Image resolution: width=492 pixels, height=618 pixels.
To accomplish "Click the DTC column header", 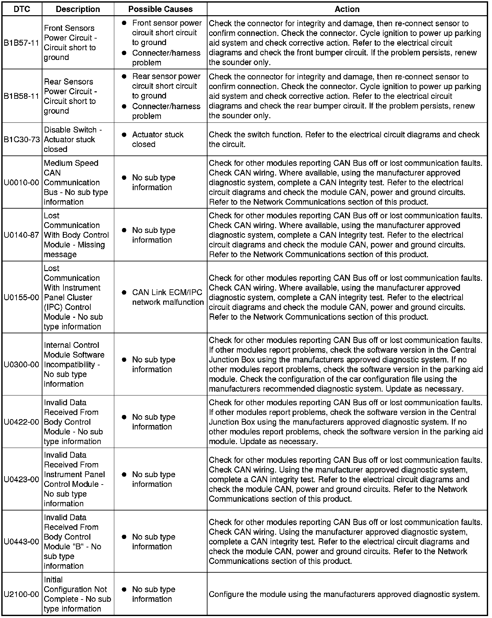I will point(22,9).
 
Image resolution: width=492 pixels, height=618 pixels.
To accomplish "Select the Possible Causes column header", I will point(160,9).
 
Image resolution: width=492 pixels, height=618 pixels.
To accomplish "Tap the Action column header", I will point(347,9).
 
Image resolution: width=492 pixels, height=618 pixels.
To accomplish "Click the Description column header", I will point(78,9).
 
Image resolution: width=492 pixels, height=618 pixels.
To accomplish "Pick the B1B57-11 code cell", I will point(22,43).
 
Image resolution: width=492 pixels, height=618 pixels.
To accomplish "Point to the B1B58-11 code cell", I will point(22,96).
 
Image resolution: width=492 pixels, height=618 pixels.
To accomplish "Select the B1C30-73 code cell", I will point(22,140).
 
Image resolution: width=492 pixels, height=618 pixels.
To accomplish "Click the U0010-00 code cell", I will point(22,182).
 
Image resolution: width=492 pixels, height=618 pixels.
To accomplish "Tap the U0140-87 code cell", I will point(22,235).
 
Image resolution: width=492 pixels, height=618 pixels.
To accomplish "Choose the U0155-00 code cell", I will point(22,297).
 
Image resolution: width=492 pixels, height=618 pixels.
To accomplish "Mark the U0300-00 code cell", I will point(22,364).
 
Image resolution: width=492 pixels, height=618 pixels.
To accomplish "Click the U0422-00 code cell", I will point(22,422).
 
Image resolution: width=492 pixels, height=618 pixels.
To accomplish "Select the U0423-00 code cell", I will point(22,479).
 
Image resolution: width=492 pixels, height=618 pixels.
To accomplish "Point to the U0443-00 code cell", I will point(22,542).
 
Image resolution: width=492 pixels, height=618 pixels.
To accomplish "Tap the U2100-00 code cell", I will point(22,594).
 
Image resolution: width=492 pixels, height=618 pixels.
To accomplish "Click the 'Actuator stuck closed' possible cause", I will point(158,139).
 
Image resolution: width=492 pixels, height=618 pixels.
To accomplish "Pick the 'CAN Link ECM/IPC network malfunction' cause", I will point(168,297).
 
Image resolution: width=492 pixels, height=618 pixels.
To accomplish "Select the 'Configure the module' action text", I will point(344,594).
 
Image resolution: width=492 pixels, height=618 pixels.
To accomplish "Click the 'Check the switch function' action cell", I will point(344,139).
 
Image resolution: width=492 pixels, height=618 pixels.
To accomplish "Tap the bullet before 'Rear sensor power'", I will point(124,77).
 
